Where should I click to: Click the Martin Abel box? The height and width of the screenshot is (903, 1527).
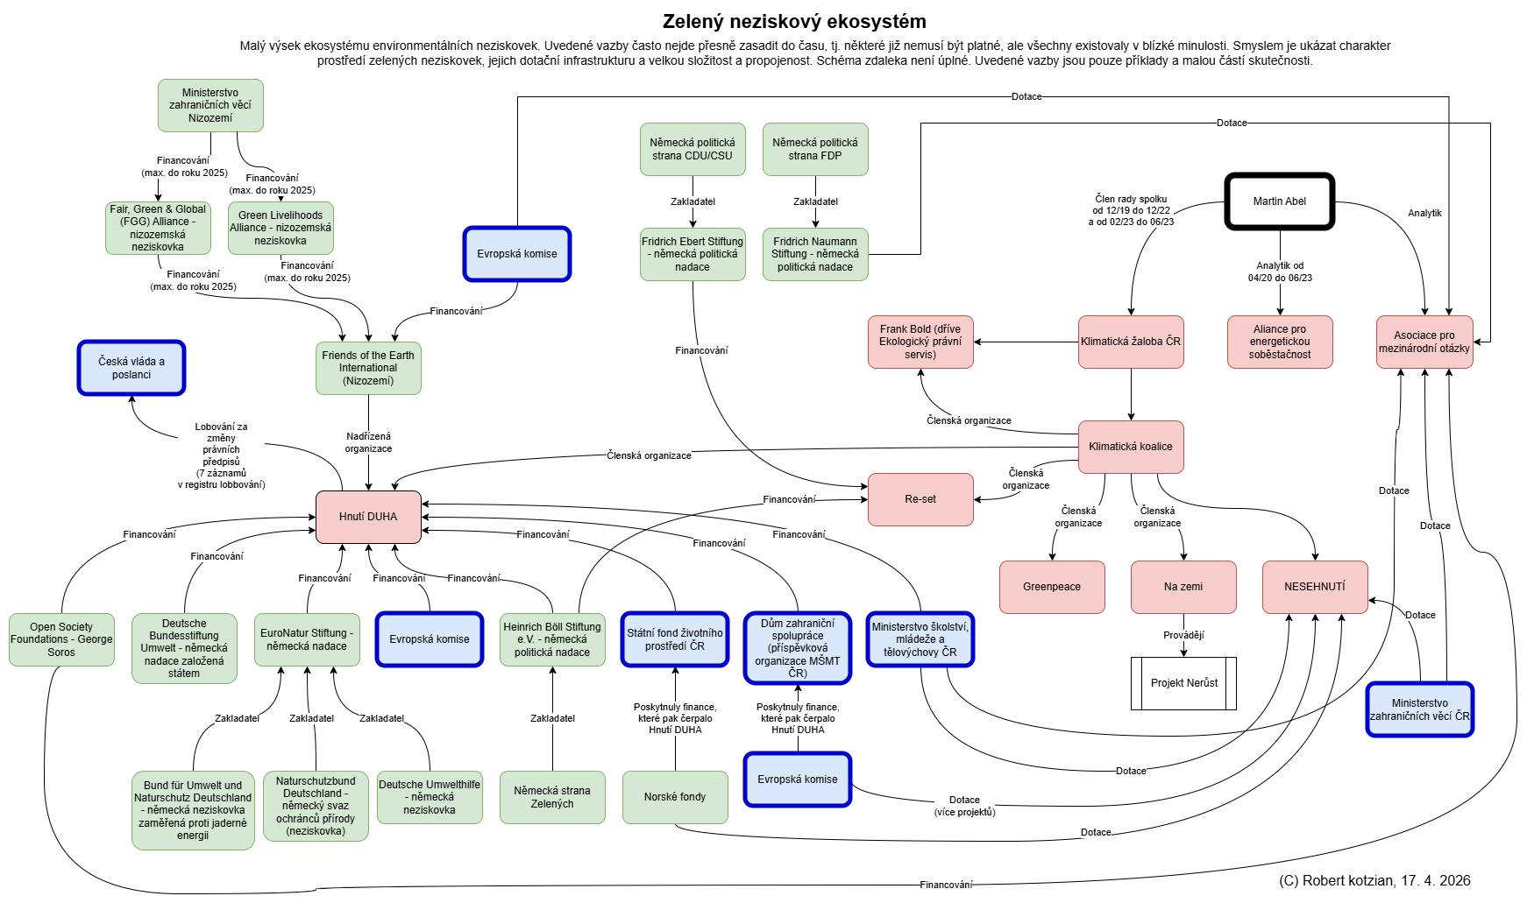[x=1279, y=201]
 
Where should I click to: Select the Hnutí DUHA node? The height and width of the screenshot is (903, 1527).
[x=368, y=517]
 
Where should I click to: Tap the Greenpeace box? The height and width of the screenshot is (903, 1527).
[x=1052, y=587]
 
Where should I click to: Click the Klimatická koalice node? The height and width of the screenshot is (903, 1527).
[x=1131, y=447]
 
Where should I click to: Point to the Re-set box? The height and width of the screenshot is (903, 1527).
[x=920, y=499]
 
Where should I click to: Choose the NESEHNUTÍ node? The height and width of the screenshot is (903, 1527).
[x=1315, y=587]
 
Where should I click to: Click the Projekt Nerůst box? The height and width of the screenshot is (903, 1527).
[x=1183, y=683]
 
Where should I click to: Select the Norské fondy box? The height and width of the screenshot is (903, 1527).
[x=675, y=797]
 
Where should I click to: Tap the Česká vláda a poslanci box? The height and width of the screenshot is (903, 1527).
[x=131, y=368]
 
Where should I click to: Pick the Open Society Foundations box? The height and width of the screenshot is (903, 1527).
[x=61, y=639]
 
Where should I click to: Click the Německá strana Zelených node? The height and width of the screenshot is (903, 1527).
[x=552, y=797]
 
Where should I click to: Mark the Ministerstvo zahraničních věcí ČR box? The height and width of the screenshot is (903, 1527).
[x=1419, y=709]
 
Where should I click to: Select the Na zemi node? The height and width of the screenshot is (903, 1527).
[x=1183, y=587]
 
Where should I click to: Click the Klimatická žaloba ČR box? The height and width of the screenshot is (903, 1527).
[x=1131, y=342]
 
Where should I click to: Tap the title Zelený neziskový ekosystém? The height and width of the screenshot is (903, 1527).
[x=794, y=21]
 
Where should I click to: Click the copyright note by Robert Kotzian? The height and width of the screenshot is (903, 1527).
[x=1374, y=880]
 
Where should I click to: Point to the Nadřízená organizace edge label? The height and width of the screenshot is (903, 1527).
[x=368, y=442]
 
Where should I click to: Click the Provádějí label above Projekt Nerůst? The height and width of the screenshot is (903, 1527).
[x=1183, y=635]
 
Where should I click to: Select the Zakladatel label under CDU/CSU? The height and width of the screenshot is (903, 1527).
[x=692, y=201]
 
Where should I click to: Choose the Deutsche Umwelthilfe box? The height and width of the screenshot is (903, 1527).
[x=430, y=797]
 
